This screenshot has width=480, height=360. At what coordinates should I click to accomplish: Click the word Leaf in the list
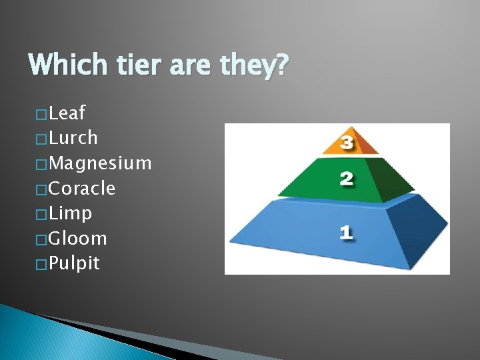(x=67, y=113)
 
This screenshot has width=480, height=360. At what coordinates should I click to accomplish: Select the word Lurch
(x=73, y=138)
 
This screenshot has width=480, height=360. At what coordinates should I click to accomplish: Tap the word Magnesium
(x=100, y=163)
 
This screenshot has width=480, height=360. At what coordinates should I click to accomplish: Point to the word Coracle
(x=82, y=189)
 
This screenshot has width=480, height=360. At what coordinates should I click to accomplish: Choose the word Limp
(x=71, y=214)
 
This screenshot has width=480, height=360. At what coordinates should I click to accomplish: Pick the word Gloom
(x=78, y=239)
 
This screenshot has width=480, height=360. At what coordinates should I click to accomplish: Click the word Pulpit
(x=75, y=263)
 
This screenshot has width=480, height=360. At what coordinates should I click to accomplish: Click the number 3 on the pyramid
(x=347, y=142)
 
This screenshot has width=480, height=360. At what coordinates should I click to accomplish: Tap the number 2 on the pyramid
(x=346, y=179)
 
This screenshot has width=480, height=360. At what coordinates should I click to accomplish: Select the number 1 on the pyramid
(x=345, y=232)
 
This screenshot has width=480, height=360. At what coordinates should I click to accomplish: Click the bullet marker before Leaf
(x=43, y=114)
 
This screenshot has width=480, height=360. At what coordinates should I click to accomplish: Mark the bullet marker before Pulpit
(x=43, y=264)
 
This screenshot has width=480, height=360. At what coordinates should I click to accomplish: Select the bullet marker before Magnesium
(x=43, y=164)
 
